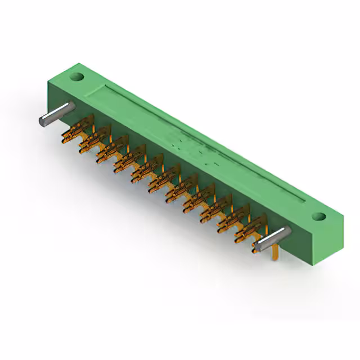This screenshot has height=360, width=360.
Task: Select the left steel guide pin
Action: pyautogui.click(x=56, y=114)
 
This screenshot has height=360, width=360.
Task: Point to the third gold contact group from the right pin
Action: pyautogui.click(x=213, y=209)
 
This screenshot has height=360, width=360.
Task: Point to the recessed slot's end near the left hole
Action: pyautogui.click(x=107, y=88)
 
